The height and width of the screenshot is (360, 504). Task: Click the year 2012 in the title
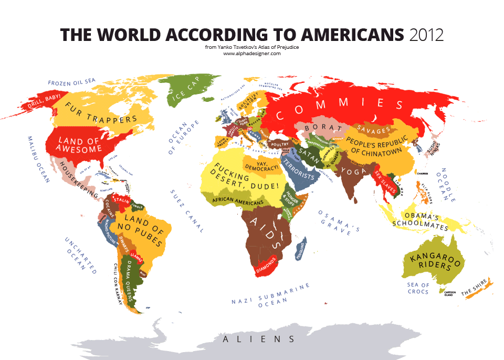point(425,35)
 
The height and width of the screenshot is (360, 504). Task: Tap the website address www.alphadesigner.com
point(252,54)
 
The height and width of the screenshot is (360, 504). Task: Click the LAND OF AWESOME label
point(80,145)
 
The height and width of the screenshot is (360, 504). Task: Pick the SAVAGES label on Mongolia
point(373,129)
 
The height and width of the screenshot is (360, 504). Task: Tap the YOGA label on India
point(350,171)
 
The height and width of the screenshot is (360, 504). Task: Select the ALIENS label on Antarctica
point(259,340)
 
